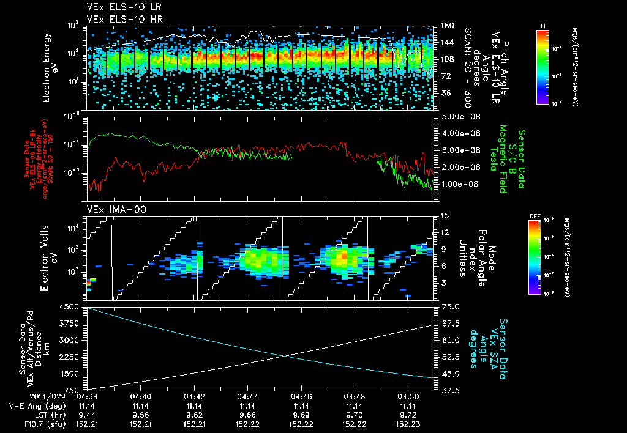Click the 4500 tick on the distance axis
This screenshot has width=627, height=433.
click(x=73, y=306)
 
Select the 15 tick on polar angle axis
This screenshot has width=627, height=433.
click(x=444, y=216)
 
